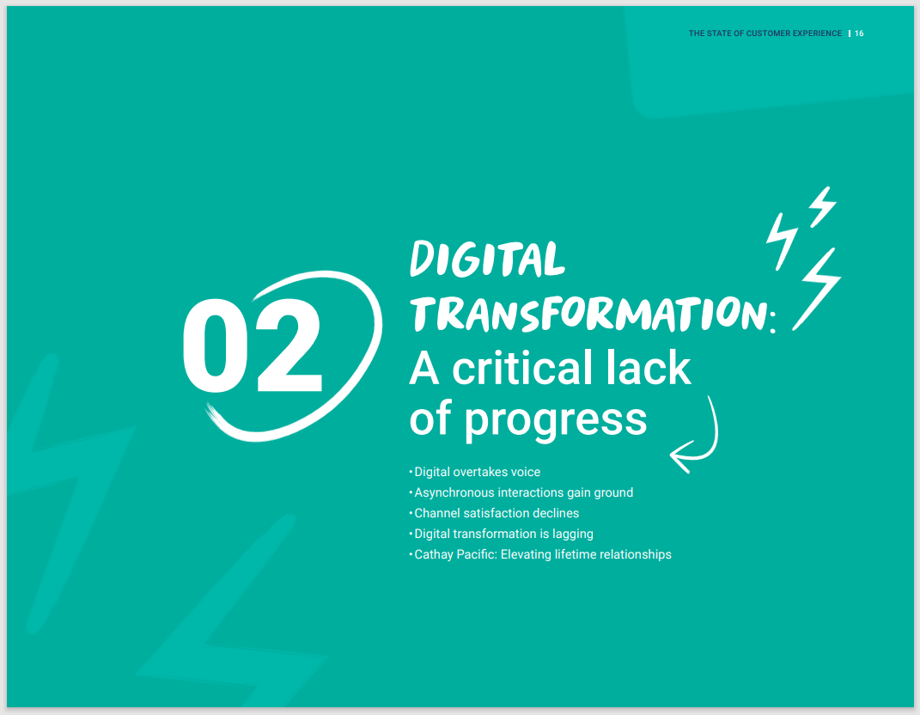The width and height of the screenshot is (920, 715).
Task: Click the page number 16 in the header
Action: tap(859, 34)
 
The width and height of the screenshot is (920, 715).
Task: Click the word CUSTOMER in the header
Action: tap(768, 34)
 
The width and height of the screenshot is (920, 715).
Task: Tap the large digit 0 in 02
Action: tap(215, 345)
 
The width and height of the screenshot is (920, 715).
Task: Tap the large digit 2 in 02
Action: tap(289, 345)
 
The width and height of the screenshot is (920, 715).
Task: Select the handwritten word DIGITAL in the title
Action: tap(487, 259)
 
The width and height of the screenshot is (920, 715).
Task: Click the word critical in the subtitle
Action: tap(523, 368)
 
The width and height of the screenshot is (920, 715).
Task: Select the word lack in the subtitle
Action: tap(649, 368)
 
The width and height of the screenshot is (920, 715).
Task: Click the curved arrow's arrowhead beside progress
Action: tap(682, 456)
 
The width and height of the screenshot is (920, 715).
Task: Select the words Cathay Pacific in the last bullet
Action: tap(455, 554)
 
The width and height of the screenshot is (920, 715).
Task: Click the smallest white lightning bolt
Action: tap(823, 206)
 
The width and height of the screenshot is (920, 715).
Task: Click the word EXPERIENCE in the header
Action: tap(817, 34)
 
